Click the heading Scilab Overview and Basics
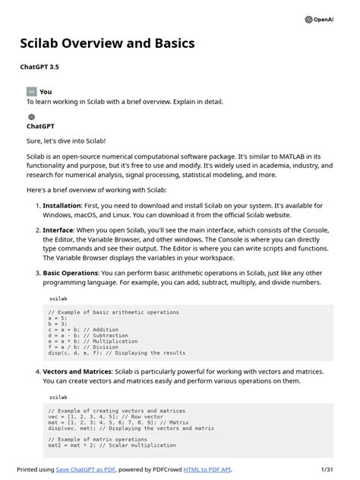coord(107,43)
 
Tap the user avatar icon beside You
coord(31,91)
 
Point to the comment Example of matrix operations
coord(99,439)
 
